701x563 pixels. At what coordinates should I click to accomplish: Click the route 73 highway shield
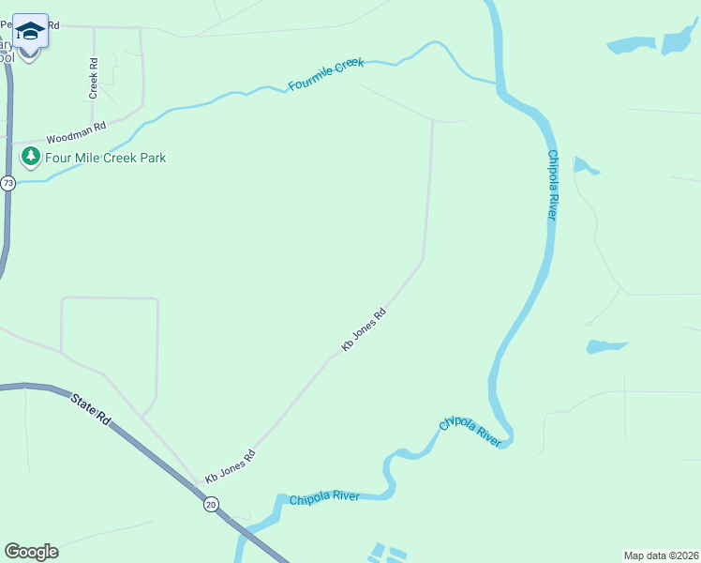[x=8, y=183]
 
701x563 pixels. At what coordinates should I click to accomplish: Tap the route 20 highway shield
[x=210, y=505]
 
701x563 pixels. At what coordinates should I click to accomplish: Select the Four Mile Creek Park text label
[x=106, y=158]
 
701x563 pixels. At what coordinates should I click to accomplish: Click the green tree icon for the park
[x=31, y=156]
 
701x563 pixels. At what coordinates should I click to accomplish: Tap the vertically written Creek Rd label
[x=94, y=79]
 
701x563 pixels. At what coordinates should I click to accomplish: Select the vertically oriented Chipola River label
[x=552, y=185]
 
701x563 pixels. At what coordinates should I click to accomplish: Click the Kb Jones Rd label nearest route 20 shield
[x=231, y=466]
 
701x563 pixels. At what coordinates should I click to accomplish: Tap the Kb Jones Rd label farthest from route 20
[x=364, y=331]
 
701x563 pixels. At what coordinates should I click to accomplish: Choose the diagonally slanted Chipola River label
[x=470, y=431]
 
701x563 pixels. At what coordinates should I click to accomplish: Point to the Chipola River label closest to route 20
[x=324, y=497]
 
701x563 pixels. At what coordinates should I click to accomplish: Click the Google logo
[x=31, y=552]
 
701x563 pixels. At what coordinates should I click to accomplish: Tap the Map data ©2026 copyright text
[x=661, y=555]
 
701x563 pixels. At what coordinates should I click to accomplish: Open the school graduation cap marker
[x=30, y=34]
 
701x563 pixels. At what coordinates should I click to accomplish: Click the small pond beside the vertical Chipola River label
[x=585, y=167]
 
